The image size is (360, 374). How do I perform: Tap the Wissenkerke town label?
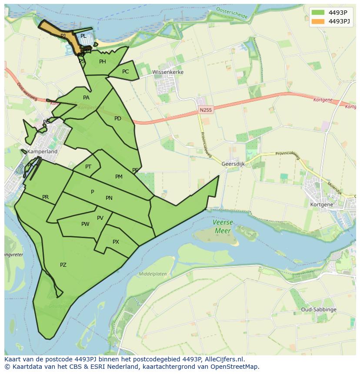click(168, 72)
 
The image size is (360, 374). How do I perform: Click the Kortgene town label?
click(322, 204)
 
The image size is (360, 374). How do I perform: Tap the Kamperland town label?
click(42, 152)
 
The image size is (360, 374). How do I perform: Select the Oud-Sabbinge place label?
click(319, 310)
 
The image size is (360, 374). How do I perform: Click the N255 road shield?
click(206, 110)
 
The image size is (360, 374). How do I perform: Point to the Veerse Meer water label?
click(223, 226)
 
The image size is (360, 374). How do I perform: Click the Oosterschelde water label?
click(231, 13)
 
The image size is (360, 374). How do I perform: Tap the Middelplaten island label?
click(153, 274)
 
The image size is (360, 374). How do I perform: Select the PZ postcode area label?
click(63, 265)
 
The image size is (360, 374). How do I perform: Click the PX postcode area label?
click(116, 242)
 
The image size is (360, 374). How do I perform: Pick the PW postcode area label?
click(85, 224)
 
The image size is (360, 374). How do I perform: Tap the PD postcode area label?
click(118, 119)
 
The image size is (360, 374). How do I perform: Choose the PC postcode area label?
click(125, 72)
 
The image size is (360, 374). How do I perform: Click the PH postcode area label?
click(103, 62)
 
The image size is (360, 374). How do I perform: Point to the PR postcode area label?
click(45, 197)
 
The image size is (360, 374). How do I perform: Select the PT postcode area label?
click(88, 167)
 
